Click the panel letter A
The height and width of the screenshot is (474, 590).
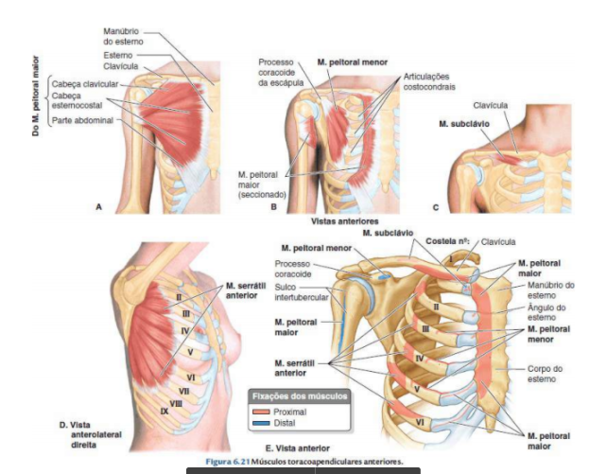tap(98, 207)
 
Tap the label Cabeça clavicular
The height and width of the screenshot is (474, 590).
tap(78, 83)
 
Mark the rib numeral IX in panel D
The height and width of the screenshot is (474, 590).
tap(165, 411)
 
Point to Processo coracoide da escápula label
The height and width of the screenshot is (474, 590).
tap(281, 73)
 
